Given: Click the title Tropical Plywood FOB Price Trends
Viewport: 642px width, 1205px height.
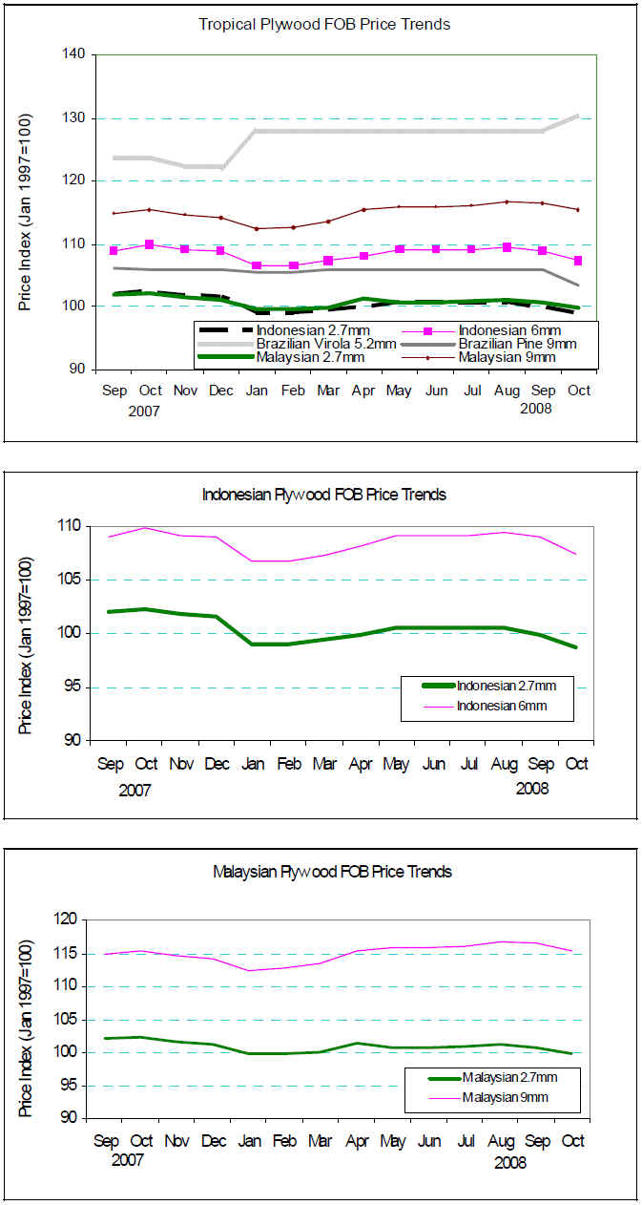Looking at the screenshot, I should click(x=324, y=24).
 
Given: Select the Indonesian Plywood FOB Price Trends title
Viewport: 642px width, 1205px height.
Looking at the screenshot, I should click(x=324, y=495).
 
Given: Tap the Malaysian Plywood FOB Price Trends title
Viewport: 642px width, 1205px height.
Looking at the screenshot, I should click(x=332, y=871).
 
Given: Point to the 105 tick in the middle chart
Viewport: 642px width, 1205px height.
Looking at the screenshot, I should click(x=72, y=580).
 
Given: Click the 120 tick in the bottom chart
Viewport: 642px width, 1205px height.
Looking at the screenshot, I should click(x=72, y=920).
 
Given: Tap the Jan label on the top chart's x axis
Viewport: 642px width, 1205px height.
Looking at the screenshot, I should click(x=257, y=391).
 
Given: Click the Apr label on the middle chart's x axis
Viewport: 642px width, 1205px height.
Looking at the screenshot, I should click(x=361, y=764).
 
